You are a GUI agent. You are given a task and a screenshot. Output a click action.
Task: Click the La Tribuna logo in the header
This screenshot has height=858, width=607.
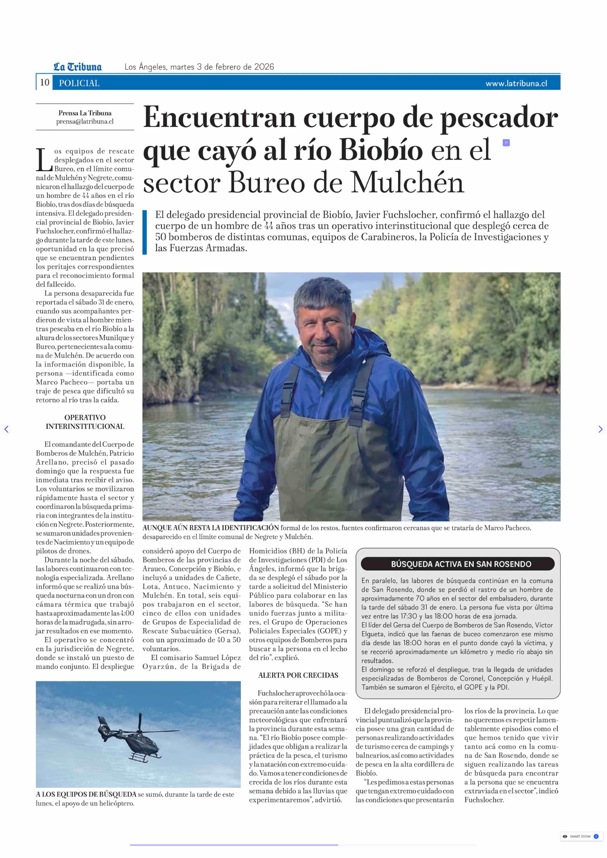[77, 67]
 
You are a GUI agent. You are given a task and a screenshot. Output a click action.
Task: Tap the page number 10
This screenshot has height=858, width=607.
[44, 83]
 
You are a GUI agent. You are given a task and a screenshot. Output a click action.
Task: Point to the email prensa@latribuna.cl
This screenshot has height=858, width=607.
[85, 121]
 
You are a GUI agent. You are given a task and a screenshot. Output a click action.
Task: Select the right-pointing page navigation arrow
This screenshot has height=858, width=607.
[600, 429]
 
